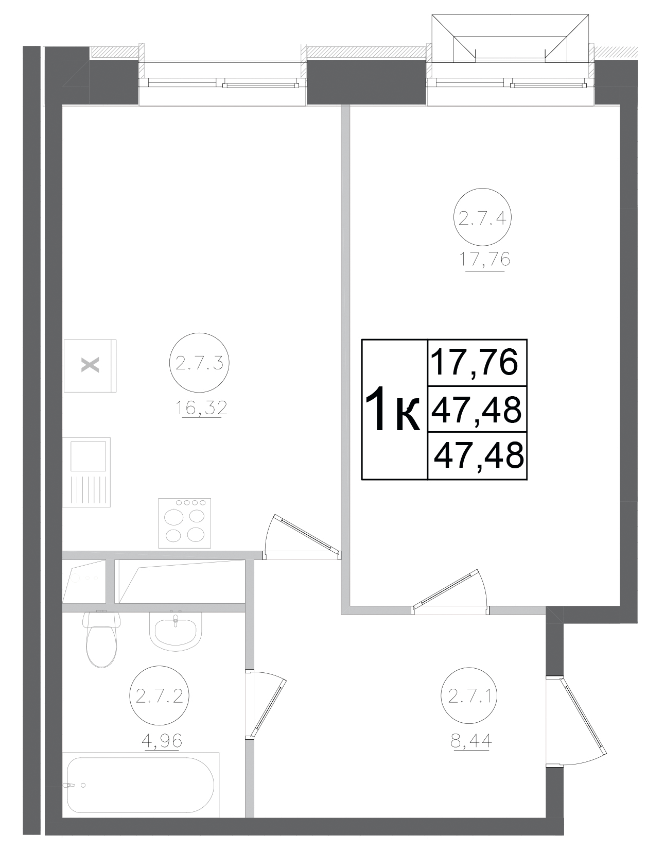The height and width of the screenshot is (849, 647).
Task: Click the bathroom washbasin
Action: point(176,630)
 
